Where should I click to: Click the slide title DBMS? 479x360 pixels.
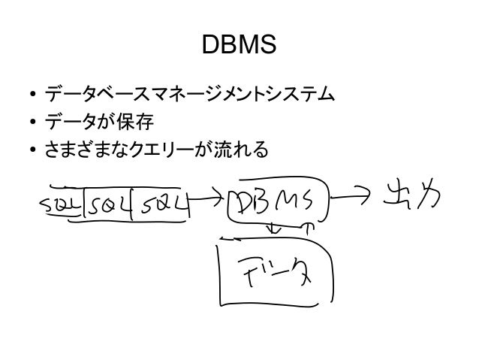tap(239, 47)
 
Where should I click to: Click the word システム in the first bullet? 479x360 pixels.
tap(297, 96)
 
